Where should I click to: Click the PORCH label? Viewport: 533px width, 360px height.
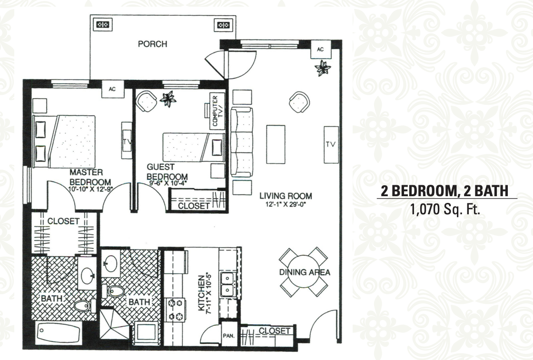153,44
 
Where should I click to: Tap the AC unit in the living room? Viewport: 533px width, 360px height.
320,50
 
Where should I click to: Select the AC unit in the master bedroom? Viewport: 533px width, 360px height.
112,89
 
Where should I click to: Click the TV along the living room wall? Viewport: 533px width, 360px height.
331,145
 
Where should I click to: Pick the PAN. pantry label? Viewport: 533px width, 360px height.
229,336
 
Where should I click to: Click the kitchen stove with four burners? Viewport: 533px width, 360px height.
175,310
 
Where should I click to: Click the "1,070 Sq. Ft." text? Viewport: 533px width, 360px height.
445,209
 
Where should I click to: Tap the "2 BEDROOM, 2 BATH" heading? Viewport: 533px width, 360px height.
445,191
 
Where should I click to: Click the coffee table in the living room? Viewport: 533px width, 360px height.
276,144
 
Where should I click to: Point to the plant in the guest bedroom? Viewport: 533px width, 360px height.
168,99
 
